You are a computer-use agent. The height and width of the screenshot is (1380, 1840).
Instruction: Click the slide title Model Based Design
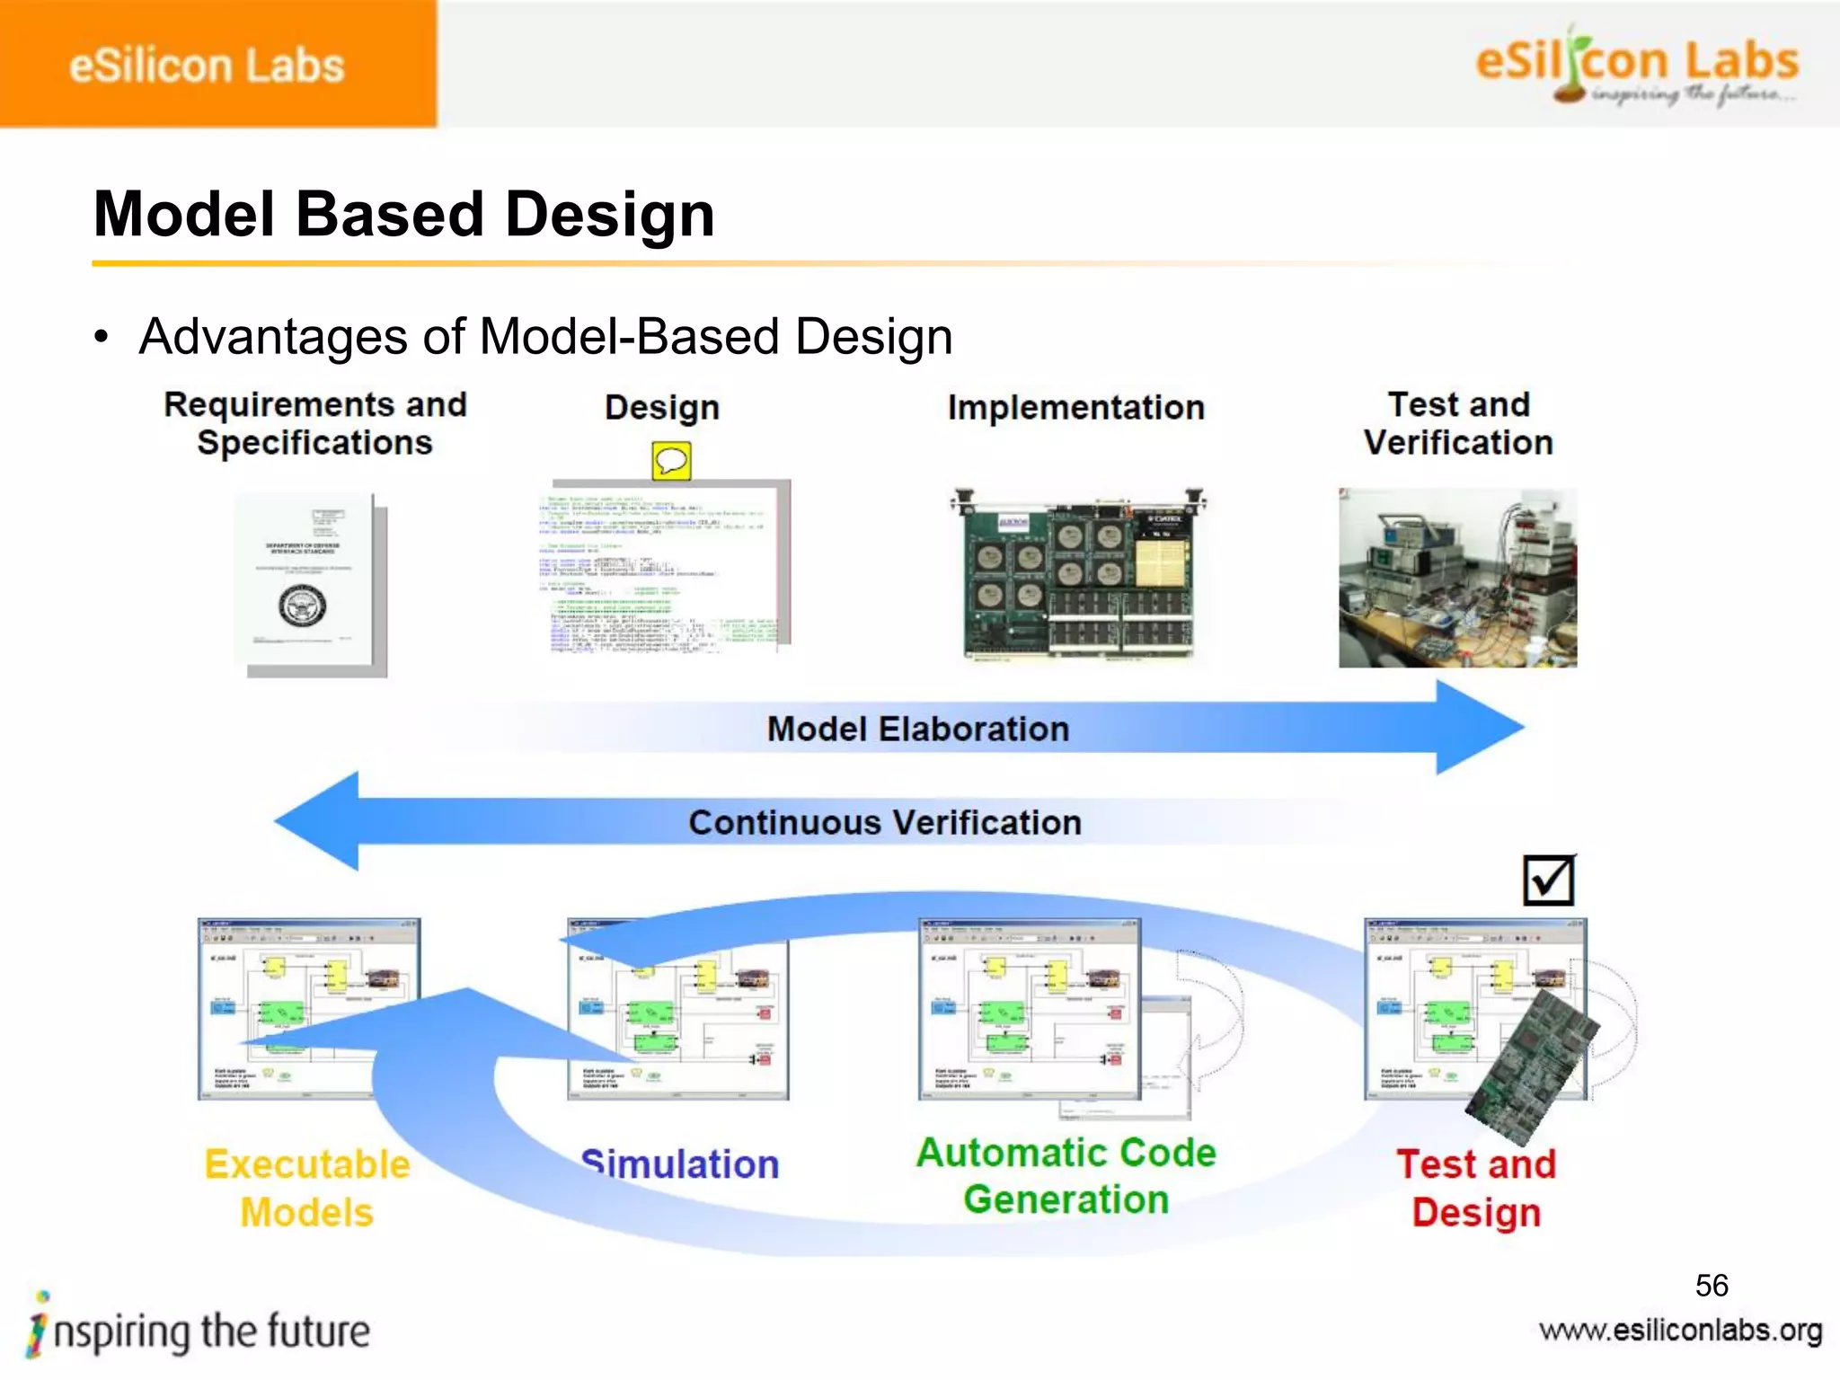point(404,215)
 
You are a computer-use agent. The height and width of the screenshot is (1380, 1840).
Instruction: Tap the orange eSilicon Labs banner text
point(207,66)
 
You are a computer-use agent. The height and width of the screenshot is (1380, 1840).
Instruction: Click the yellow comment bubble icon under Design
point(671,461)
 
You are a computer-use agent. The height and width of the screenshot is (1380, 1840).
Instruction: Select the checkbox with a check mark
point(1549,880)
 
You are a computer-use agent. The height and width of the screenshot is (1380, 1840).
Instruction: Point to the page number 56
point(1712,1285)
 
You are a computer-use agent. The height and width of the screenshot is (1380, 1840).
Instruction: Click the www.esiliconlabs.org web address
point(1680,1331)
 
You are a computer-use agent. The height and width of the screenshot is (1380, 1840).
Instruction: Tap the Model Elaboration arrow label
point(917,729)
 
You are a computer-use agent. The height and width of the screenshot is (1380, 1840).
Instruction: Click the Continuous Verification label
point(885,822)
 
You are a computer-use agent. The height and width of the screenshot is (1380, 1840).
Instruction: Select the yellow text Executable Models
point(307,1188)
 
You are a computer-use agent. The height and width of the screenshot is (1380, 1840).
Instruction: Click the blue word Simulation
point(680,1164)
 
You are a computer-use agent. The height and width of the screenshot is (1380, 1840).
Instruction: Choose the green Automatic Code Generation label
point(1066,1176)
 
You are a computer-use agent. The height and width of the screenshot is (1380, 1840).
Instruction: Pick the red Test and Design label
point(1476,1188)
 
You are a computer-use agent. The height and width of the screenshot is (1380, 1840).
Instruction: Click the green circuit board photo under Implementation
point(1078,575)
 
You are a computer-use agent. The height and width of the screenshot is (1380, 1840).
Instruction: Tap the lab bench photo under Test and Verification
point(1457,578)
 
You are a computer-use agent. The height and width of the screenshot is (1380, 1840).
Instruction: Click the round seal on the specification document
point(303,606)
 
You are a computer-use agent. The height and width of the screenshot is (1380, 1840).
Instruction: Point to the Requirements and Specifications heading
point(314,423)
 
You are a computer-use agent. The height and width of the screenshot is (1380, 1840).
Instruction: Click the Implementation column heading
point(1075,407)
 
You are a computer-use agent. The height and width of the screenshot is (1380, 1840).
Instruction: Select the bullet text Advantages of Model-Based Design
point(545,337)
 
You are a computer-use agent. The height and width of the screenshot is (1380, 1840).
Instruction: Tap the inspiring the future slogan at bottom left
point(202,1331)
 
